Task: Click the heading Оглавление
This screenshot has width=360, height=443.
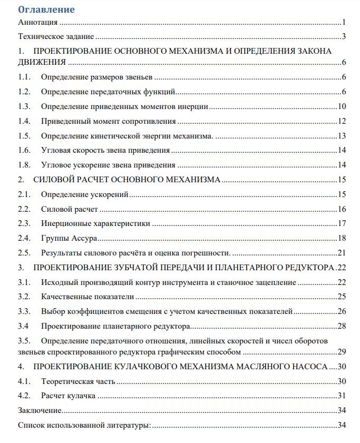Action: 46,9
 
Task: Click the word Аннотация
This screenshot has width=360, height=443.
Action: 37,23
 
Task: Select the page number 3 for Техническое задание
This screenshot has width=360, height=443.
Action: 343,36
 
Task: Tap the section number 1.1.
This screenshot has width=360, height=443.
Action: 24,77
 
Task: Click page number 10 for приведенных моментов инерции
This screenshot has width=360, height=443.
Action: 342,106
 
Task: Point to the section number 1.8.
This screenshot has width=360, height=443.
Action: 24,164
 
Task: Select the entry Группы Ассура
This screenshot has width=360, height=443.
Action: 69,238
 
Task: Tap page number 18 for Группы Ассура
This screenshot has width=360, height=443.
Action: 342,238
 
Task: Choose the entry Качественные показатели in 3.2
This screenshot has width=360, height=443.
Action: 87,297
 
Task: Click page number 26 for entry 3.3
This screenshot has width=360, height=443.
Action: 342,311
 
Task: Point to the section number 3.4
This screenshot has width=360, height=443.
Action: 23,326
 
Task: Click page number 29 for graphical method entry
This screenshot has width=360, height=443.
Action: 342,351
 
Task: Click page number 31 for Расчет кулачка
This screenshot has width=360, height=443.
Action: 342,396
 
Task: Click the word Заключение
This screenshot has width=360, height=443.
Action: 40,410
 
